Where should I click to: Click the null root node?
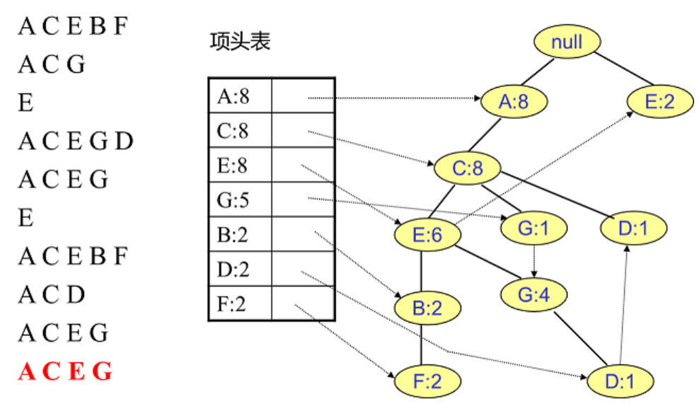click(x=567, y=42)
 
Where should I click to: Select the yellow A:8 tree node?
click(x=514, y=102)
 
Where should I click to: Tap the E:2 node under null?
click(x=659, y=102)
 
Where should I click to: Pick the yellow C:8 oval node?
click(x=467, y=168)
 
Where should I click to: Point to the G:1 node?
click(x=534, y=228)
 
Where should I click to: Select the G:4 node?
click(x=534, y=294)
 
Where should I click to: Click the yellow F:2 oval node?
click(x=427, y=381)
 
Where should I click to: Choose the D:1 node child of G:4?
click(x=620, y=381)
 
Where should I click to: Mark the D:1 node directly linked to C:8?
click(x=633, y=228)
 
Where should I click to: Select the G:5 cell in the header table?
click(x=238, y=200)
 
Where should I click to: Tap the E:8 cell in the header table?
click(x=238, y=166)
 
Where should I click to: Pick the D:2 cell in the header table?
click(x=238, y=270)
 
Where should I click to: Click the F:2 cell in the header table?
click(x=238, y=304)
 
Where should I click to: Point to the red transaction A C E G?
click(x=65, y=371)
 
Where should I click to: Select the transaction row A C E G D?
click(x=76, y=142)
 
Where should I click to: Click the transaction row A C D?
click(x=52, y=294)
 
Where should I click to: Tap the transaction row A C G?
click(x=52, y=65)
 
